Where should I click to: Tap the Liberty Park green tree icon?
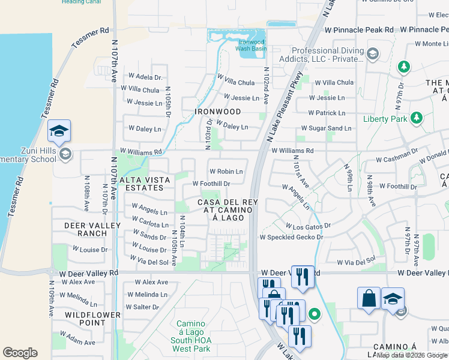coord(415,118)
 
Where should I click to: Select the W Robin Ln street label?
coord(226,172)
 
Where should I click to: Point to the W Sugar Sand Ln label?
coord(326,128)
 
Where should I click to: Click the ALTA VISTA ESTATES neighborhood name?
coord(142,184)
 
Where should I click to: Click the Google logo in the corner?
coord(20,352)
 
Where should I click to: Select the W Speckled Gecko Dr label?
coord(291,237)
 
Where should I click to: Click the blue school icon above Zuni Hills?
coord(59,131)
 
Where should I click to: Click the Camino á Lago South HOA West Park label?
coord(190,336)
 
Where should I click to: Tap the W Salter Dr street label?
coord(142,307)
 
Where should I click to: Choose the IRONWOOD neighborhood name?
coord(217,112)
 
